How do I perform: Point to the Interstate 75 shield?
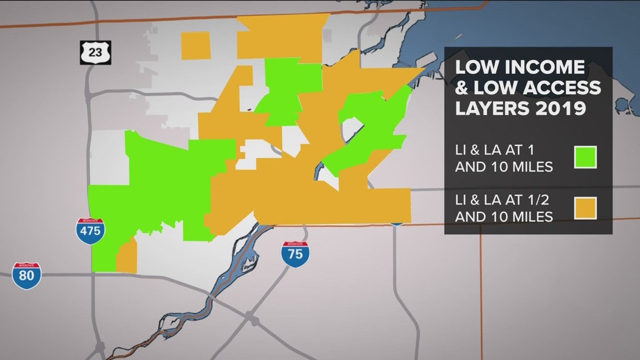295,254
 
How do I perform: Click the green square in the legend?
584,157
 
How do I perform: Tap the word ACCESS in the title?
560,87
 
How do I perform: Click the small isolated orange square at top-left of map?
196,45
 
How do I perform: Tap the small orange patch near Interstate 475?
127,256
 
